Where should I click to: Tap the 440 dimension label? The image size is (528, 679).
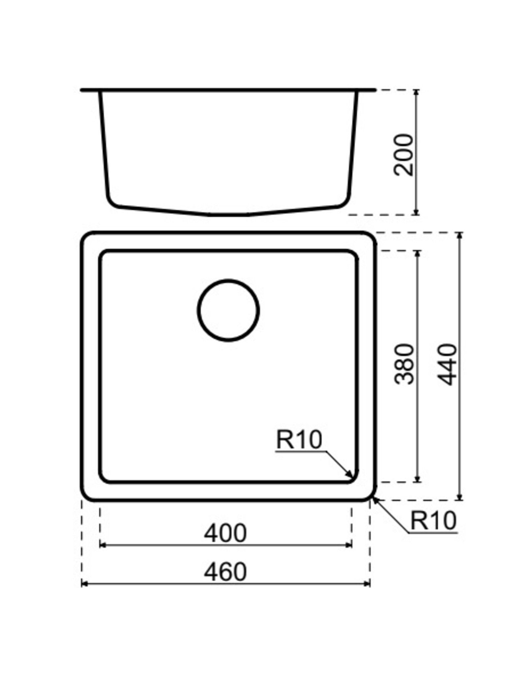447,364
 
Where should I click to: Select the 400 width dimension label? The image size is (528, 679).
225,533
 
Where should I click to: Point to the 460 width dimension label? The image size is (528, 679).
225,572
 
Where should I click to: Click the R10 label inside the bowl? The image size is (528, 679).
299,440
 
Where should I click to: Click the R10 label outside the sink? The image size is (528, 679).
433,521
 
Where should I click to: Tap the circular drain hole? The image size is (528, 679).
228,310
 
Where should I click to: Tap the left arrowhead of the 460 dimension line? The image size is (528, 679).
84,584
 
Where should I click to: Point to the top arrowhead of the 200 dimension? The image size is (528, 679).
416,92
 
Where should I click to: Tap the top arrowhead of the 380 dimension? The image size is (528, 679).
417,253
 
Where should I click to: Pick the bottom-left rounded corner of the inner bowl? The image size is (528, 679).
103,479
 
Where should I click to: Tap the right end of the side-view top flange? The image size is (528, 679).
374,90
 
